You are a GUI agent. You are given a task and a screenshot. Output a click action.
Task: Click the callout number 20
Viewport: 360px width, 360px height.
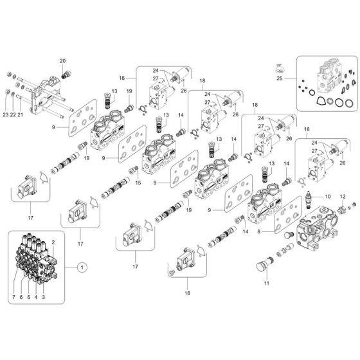coord(63,60)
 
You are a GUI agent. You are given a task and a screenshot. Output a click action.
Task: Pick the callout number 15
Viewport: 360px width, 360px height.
coord(137,183)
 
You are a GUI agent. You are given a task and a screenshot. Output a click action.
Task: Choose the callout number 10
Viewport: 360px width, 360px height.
coord(327,197)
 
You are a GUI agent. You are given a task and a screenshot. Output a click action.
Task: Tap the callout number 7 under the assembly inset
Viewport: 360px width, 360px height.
coord(12,298)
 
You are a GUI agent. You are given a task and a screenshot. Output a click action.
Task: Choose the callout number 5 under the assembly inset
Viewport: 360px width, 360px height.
coord(28,298)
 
